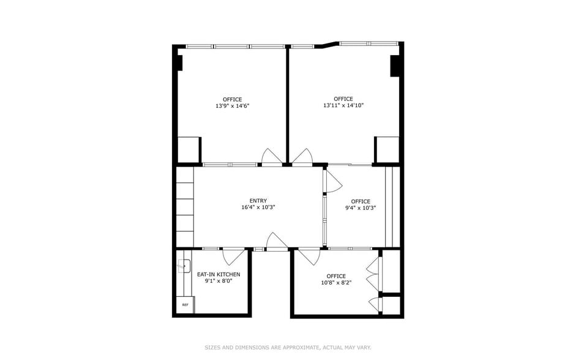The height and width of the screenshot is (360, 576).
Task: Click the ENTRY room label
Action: [258, 200]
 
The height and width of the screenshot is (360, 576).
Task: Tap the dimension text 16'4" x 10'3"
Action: [258, 208]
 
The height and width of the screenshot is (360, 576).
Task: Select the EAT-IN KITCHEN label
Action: [219, 274]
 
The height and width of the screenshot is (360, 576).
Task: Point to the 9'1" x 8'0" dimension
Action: [219, 282]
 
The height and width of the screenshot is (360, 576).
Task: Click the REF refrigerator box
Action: [184, 305]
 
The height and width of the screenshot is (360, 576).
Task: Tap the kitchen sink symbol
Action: [183, 266]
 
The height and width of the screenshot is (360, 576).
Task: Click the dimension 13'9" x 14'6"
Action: [232, 106]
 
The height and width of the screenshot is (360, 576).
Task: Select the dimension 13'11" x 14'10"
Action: [343, 106]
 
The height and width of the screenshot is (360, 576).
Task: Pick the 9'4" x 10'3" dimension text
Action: [361, 208]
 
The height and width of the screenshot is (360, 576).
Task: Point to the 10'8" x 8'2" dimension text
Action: [336, 283]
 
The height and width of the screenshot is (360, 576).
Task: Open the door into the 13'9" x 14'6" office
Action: [271, 157]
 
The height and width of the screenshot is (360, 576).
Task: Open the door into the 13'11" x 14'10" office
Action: [302, 157]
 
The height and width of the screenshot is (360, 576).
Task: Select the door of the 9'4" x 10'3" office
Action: [332, 181]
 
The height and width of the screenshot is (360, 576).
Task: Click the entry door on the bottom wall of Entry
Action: [277, 242]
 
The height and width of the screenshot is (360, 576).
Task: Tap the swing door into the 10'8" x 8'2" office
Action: [309, 256]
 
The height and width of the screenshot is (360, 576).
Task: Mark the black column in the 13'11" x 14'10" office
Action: [395, 66]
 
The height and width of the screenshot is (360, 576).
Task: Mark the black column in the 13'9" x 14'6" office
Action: [180, 62]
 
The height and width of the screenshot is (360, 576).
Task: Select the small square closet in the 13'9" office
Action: [189, 150]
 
